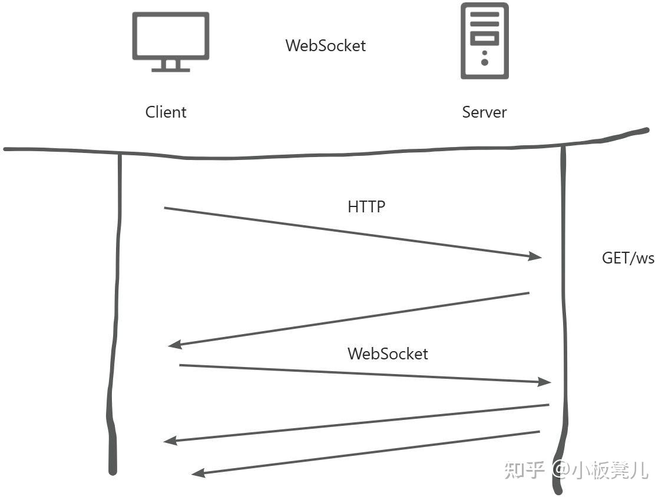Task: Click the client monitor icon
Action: (x=170, y=42)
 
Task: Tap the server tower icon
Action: (x=484, y=41)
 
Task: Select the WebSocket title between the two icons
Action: (x=325, y=46)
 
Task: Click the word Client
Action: (x=166, y=112)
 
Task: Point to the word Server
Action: (x=484, y=112)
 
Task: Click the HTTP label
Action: (x=366, y=206)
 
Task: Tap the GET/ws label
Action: (x=628, y=258)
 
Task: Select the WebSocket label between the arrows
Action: (x=387, y=353)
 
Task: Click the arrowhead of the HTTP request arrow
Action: (x=537, y=256)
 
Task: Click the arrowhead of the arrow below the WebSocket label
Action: (x=545, y=382)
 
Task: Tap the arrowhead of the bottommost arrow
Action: (x=197, y=472)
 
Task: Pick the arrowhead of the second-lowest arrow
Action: (x=169, y=441)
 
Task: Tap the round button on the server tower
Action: (x=484, y=61)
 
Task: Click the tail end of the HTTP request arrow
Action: (x=166, y=208)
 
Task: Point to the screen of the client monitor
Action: (x=170, y=35)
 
